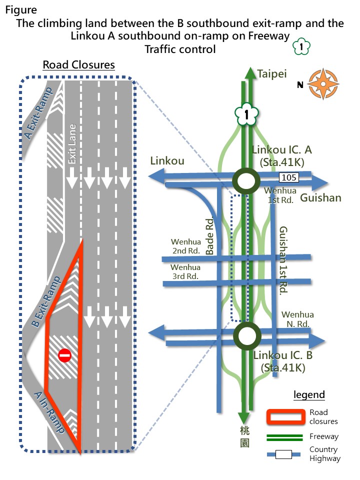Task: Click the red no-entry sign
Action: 64,355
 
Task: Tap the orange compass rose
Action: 323,83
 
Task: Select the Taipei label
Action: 272,74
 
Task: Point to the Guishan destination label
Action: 320,198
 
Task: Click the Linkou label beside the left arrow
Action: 167,161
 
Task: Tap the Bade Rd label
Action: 210,237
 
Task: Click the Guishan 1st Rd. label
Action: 282,260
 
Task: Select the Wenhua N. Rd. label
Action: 297,319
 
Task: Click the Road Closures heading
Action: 78,65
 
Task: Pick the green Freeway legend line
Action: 285,437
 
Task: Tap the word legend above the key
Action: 309,394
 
